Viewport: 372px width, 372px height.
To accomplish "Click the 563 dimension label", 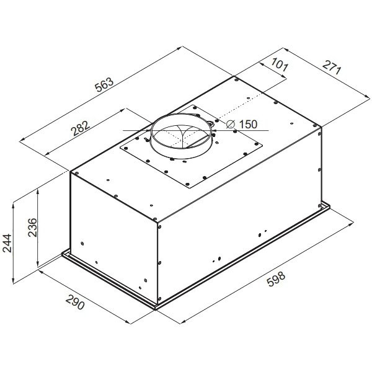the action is [x=104, y=84].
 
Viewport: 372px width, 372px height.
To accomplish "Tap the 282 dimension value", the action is [x=81, y=128].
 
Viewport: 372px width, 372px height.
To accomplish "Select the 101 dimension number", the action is [x=280, y=64].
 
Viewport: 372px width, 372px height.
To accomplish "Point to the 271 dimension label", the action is [x=332, y=68].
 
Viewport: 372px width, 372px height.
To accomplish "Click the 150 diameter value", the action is [x=248, y=125].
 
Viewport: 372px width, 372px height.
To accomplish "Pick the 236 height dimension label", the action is [x=32, y=228].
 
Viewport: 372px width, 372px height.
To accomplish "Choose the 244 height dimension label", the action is [x=7, y=243].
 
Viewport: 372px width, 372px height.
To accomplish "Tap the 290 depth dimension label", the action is [x=75, y=302].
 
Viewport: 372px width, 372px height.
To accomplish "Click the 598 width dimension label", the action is [x=276, y=279].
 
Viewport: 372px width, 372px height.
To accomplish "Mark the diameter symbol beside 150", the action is [x=230, y=125].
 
